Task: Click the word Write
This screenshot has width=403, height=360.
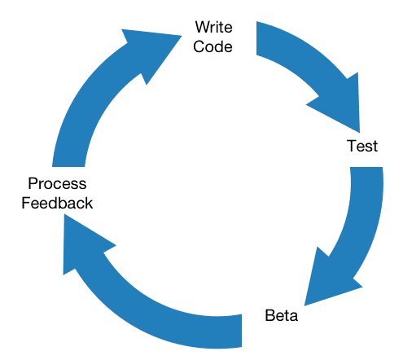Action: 213,27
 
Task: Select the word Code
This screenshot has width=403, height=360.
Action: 212,46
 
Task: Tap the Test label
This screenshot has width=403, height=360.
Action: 362,146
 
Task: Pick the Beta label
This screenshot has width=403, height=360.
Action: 281,315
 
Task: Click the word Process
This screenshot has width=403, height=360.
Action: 57,183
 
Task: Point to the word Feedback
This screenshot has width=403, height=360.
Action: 57,203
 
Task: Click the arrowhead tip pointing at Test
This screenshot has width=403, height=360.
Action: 360,133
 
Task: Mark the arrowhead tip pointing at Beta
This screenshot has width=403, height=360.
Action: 304,305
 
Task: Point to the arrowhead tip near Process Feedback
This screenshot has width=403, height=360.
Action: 64,214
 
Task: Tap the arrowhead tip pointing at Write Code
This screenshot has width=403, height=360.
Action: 182,36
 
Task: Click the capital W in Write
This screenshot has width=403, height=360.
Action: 202,27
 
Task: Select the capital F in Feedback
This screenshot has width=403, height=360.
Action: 26,203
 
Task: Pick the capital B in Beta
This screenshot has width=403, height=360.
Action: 269,315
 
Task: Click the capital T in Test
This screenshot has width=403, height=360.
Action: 352,146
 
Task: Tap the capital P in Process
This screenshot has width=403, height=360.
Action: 33,183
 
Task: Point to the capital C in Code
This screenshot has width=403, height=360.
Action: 199,46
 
